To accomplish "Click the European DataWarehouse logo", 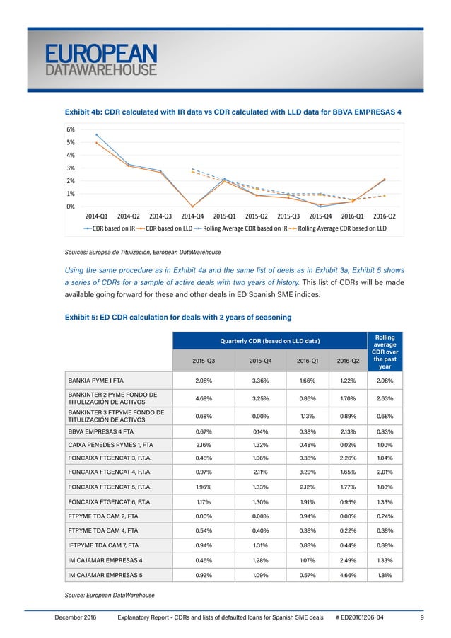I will [101, 60].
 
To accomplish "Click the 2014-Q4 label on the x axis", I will [193, 216].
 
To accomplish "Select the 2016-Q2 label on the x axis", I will [384, 216].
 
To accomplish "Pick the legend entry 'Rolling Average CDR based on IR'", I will [245, 228].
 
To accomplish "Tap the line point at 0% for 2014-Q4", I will [193, 207].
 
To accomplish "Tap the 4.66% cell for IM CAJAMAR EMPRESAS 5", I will [343, 575].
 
